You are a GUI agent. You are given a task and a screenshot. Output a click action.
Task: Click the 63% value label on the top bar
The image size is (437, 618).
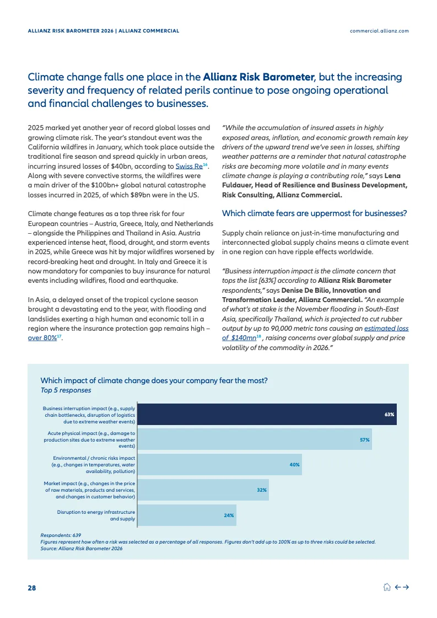coord(389,414)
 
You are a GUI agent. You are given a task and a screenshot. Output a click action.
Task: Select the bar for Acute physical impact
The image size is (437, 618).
coord(254,439)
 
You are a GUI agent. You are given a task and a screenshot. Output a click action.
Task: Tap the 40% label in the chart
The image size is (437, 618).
coord(294,465)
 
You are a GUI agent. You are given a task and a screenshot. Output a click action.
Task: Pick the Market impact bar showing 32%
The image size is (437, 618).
coord(203,490)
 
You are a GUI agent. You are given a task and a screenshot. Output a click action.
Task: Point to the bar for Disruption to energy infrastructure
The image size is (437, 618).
coord(186,515)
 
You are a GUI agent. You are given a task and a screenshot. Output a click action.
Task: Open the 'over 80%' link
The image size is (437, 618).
coord(42,337)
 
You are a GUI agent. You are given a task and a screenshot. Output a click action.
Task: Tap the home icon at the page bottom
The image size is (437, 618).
coord(387,587)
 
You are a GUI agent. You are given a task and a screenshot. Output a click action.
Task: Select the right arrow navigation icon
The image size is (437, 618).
coord(406,587)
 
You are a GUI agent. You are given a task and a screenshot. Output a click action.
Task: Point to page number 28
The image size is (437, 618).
coord(32,588)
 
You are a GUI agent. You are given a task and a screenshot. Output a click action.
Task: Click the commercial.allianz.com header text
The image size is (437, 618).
coord(379,31)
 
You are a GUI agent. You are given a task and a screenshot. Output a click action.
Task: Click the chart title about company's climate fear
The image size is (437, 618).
coord(154,380)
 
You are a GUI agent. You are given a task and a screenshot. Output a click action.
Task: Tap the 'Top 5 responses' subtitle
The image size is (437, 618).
coord(66,390)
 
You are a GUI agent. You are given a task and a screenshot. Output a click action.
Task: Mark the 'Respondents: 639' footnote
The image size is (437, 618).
coord(61,535)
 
